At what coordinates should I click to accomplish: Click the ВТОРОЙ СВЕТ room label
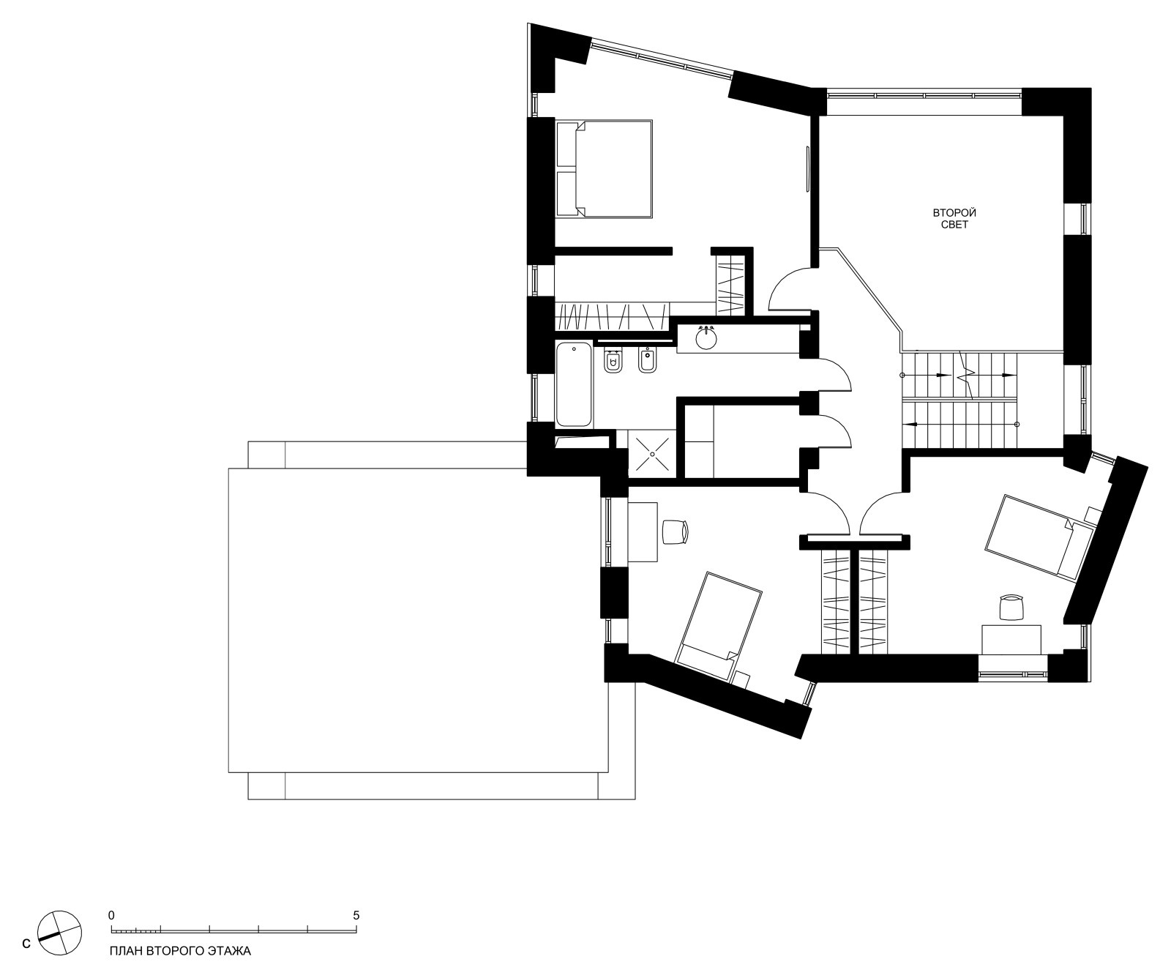(x=954, y=219)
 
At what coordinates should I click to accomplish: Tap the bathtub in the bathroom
(x=574, y=384)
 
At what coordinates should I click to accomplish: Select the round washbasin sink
(x=707, y=338)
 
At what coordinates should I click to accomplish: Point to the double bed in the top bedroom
(x=604, y=169)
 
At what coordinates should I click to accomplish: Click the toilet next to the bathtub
(x=613, y=362)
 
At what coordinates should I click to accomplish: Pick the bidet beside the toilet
(x=647, y=362)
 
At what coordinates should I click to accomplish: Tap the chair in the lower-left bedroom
(x=676, y=531)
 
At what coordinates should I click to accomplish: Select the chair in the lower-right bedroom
(x=1011, y=608)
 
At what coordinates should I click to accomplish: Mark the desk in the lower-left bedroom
(x=643, y=531)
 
